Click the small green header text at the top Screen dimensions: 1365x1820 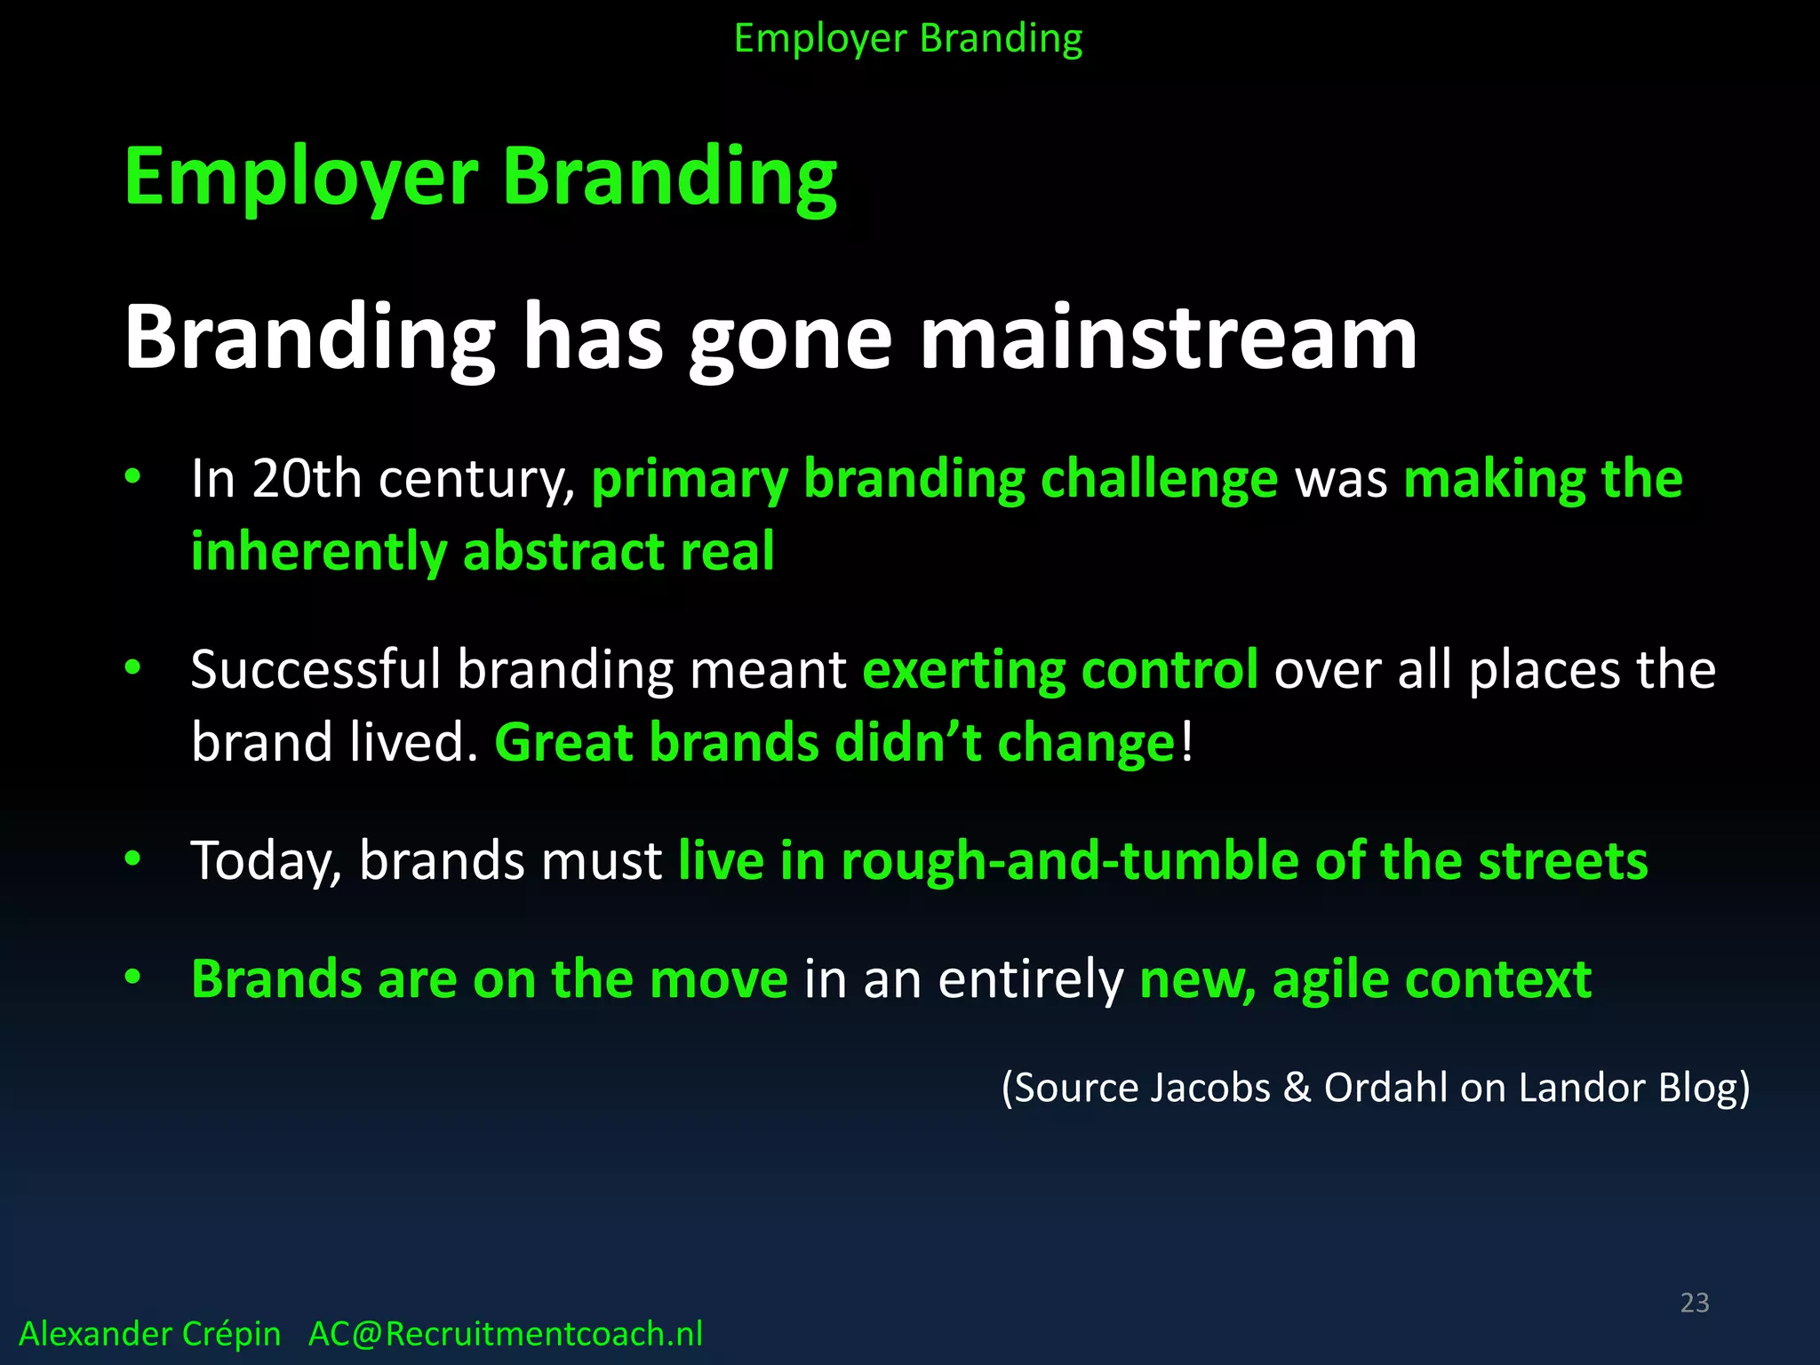click(908, 39)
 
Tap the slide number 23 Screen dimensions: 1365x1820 click(1694, 1303)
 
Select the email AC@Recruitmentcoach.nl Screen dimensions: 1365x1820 click(505, 1334)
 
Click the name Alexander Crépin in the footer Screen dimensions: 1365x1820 click(149, 1334)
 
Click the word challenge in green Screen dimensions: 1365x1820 click(1158, 480)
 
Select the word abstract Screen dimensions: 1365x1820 click(563, 552)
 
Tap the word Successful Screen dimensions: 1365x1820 click(315, 669)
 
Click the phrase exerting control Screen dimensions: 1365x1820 click(1059, 669)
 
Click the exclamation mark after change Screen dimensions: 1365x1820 click(1187, 742)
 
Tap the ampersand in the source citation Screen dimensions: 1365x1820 click(1297, 1088)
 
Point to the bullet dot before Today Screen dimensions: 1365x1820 click(133, 858)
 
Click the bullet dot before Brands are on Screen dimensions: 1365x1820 click(133, 978)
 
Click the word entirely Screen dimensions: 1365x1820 click(1031, 979)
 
